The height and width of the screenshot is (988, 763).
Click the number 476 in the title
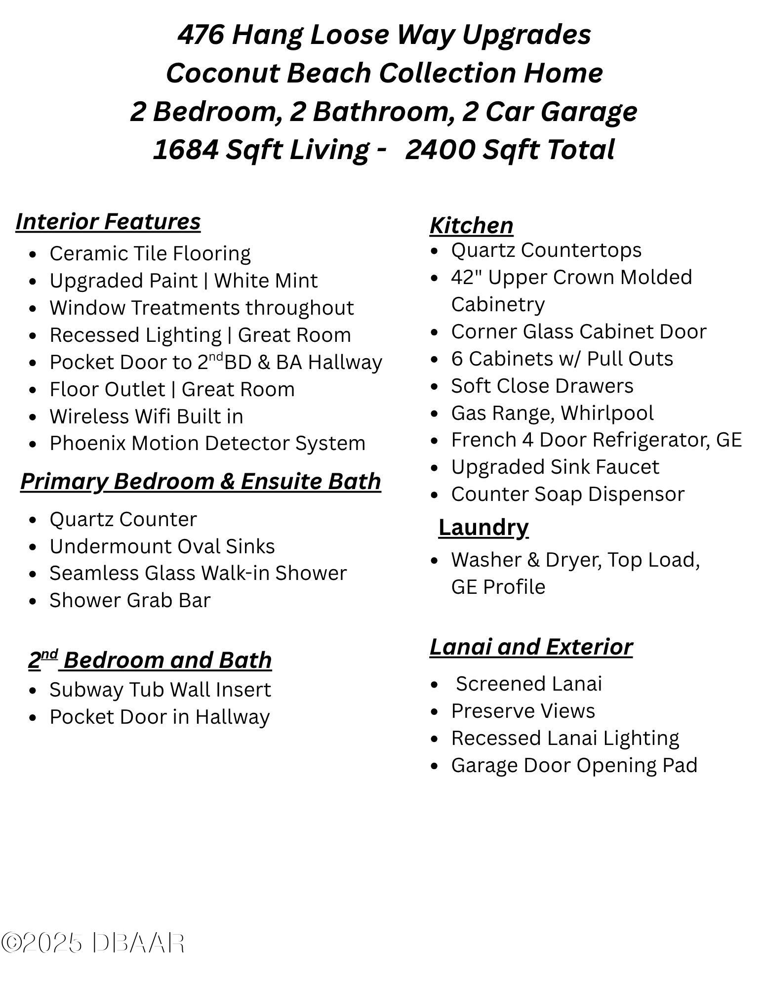201,35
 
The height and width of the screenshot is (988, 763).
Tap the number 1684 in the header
185,150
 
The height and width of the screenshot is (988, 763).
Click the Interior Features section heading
108,221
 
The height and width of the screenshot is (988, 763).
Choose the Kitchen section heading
471,225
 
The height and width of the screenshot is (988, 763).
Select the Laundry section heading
483,527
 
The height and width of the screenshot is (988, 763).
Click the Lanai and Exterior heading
531,647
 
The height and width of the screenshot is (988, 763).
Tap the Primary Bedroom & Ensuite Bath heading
201,481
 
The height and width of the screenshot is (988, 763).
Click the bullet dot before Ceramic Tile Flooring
33,254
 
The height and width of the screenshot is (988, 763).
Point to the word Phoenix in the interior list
87,443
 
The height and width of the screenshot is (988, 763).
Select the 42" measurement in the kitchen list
466,277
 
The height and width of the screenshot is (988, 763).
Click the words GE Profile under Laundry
498,587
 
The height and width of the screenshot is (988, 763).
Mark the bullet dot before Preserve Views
434,712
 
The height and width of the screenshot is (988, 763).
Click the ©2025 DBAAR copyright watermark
92,943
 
